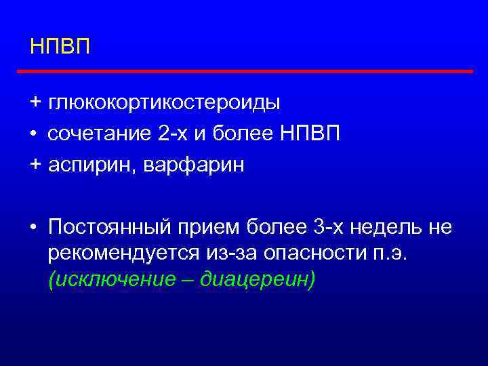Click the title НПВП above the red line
click(60, 47)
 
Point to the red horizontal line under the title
click(244, 70)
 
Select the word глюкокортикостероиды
click(164, 103)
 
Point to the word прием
click(216, 227)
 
